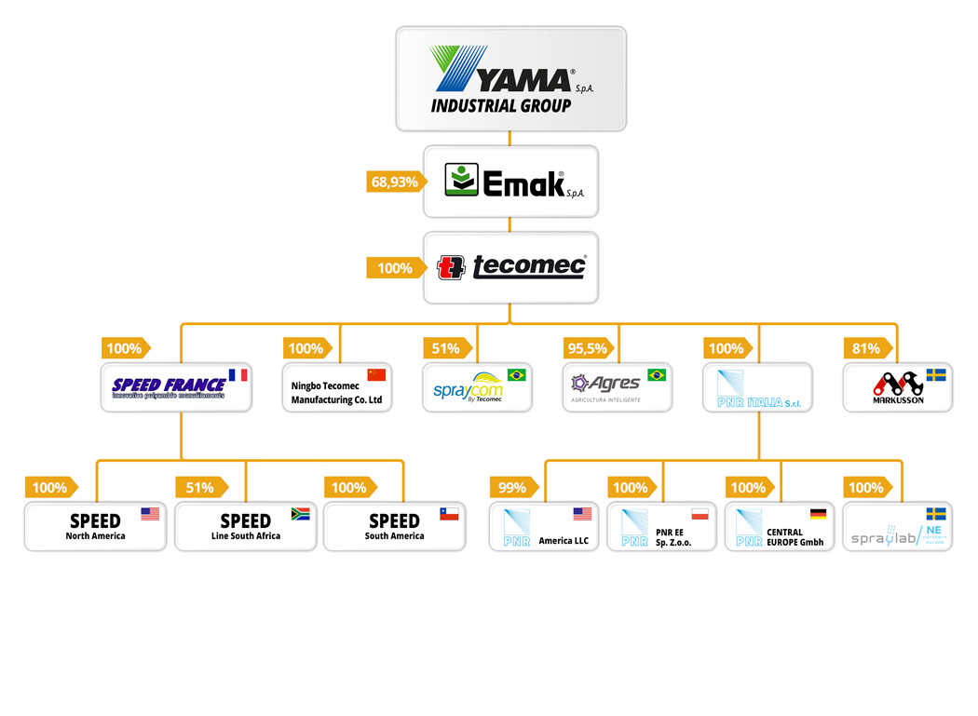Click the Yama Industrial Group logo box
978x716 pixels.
(510, 78)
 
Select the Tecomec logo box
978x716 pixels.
(510, 267)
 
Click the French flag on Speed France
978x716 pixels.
(238, 375)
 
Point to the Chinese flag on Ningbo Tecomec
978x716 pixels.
(376, 374)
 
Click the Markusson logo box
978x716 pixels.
(897, 386)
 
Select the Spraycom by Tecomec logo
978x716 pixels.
(477, 386)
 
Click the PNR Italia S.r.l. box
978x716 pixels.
(757, 386)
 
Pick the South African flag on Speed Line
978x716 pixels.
(300, 513)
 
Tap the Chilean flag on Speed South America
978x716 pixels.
(449, 513)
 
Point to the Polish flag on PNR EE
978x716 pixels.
(700, 513)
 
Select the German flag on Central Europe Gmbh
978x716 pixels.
(818, 513)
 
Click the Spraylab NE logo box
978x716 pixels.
(897, 526)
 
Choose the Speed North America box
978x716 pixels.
(95, 526)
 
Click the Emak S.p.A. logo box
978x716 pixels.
(510, 182)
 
